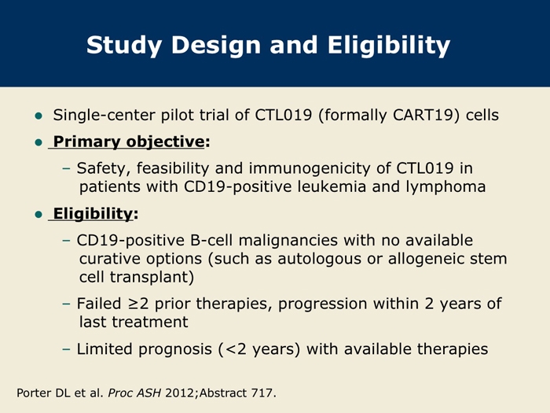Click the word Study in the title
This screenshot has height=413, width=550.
coord(124,46)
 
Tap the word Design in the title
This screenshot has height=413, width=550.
coord(216,46)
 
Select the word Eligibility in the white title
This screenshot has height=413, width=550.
coord(389,46)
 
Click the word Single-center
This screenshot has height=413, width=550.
coord(104,115)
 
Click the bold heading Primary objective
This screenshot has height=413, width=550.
coord(129,142)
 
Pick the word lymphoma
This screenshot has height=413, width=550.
coord(445,187)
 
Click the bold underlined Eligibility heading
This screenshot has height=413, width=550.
coord(93,214)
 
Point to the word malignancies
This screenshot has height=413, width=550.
coord(288,241)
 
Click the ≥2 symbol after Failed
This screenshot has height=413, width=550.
coord(137,304)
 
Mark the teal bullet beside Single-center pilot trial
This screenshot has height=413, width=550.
coord(38,116)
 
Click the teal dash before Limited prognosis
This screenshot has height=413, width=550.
coord(66,349)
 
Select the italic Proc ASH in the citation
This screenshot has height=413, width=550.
coord(134,393)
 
